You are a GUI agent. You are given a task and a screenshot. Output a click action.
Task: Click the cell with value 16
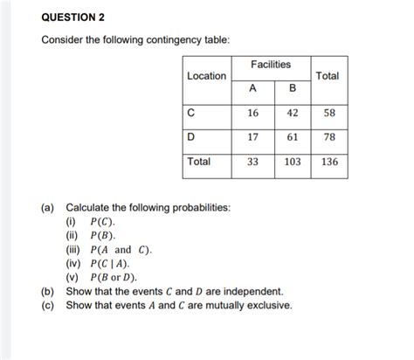pos(252,114)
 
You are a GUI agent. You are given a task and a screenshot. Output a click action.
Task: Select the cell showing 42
pos(292,114)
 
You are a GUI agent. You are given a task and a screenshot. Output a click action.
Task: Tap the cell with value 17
pos(252,138)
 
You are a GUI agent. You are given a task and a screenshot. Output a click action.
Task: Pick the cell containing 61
pos(292,138)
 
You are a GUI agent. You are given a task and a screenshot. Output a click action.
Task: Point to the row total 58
pos(328,114)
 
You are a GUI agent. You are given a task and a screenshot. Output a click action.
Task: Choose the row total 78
pos(328,138)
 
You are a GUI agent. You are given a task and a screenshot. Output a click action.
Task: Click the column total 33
pos(252,163)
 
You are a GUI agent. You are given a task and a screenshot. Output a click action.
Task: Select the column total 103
pos(292,163)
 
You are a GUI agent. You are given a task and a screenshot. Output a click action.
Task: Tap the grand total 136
pos(328,163)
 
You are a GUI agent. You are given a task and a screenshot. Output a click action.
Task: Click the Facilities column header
pos(271,65)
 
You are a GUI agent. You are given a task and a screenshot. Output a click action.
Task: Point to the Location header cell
pos(206,76)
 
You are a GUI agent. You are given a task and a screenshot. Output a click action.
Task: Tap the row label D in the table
pos(190,137)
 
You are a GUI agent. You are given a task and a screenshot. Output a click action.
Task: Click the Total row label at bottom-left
pos(200,162)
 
